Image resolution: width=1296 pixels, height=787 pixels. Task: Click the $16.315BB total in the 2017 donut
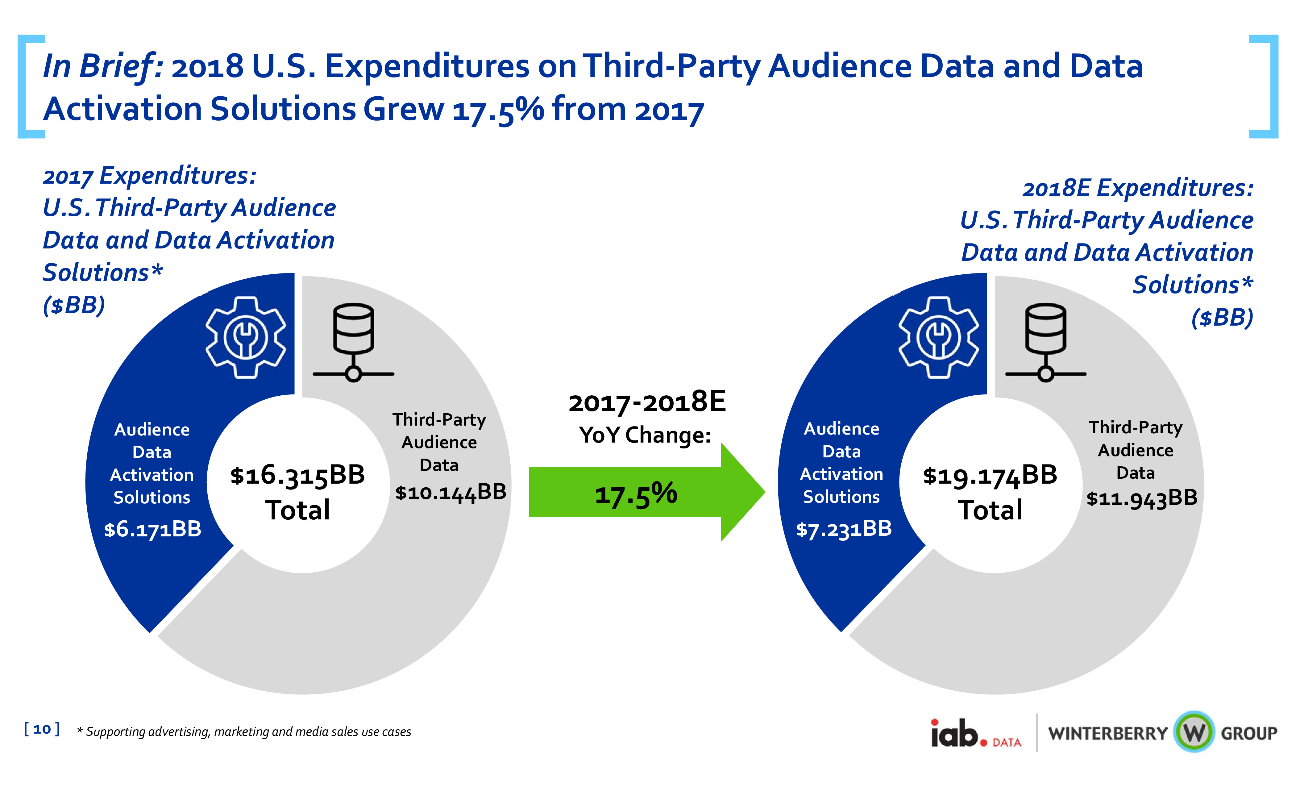(298, 475)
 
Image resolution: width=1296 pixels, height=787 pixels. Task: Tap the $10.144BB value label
(451, 492)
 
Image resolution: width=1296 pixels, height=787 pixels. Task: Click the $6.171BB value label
(152, 529)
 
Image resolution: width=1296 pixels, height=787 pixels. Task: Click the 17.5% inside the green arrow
(636, 494)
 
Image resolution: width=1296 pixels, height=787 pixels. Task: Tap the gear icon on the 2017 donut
(246, 337)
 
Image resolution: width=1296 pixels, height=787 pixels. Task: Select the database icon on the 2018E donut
(1046, 342)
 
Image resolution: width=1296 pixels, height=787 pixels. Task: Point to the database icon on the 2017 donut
(353, 342)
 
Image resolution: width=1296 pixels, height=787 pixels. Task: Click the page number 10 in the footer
(42, 729)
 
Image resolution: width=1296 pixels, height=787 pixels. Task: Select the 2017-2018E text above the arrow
(647, 402)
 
